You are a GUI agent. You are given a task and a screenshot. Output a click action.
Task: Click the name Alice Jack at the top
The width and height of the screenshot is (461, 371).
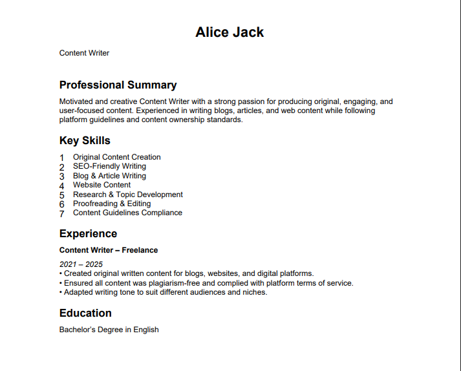click(x=230, y=32)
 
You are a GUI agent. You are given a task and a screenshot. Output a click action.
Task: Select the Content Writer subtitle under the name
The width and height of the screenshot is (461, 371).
click(x=84, y=53)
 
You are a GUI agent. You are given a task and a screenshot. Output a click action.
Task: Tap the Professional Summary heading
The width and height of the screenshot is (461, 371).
click(x=118, y=85)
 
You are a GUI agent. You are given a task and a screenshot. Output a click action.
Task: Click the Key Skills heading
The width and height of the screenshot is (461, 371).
click(x=85, y=141)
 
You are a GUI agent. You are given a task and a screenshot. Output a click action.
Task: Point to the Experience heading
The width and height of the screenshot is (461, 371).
click(x=88, y=234)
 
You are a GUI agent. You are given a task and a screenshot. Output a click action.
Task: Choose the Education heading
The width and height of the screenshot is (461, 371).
click(x=85, y=313)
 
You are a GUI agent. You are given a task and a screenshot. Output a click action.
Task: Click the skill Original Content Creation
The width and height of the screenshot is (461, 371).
click(x=116, y=157)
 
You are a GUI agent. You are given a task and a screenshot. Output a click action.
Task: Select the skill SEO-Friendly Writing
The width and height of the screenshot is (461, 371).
click(x=109, y=166)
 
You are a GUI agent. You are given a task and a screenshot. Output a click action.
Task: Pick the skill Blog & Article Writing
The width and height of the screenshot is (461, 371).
click(x=109, y=176)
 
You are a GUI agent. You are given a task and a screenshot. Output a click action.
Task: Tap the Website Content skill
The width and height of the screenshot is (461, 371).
click(x=102, y=185)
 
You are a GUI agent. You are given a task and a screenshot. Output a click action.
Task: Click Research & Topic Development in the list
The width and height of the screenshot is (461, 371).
click(x=127, y=195)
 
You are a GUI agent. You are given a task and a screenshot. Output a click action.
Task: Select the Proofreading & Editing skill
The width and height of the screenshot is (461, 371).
click(x=111, y=204)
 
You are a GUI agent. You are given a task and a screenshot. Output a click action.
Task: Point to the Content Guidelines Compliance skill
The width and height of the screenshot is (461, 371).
click(x=127, y=213)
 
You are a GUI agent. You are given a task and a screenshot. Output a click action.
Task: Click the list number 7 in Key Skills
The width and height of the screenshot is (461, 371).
click(x=62, y=213)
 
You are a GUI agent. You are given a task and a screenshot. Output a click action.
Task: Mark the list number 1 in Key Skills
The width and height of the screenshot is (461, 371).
click(x=62, y=158)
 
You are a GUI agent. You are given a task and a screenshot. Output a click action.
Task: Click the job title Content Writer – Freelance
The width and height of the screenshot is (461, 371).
click(x=109, y=250)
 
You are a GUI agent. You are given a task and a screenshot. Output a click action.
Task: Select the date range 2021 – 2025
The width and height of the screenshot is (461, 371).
click(x=81, y=264)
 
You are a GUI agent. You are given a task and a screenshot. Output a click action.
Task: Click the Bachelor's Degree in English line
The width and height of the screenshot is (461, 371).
click(x=109, y=330)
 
